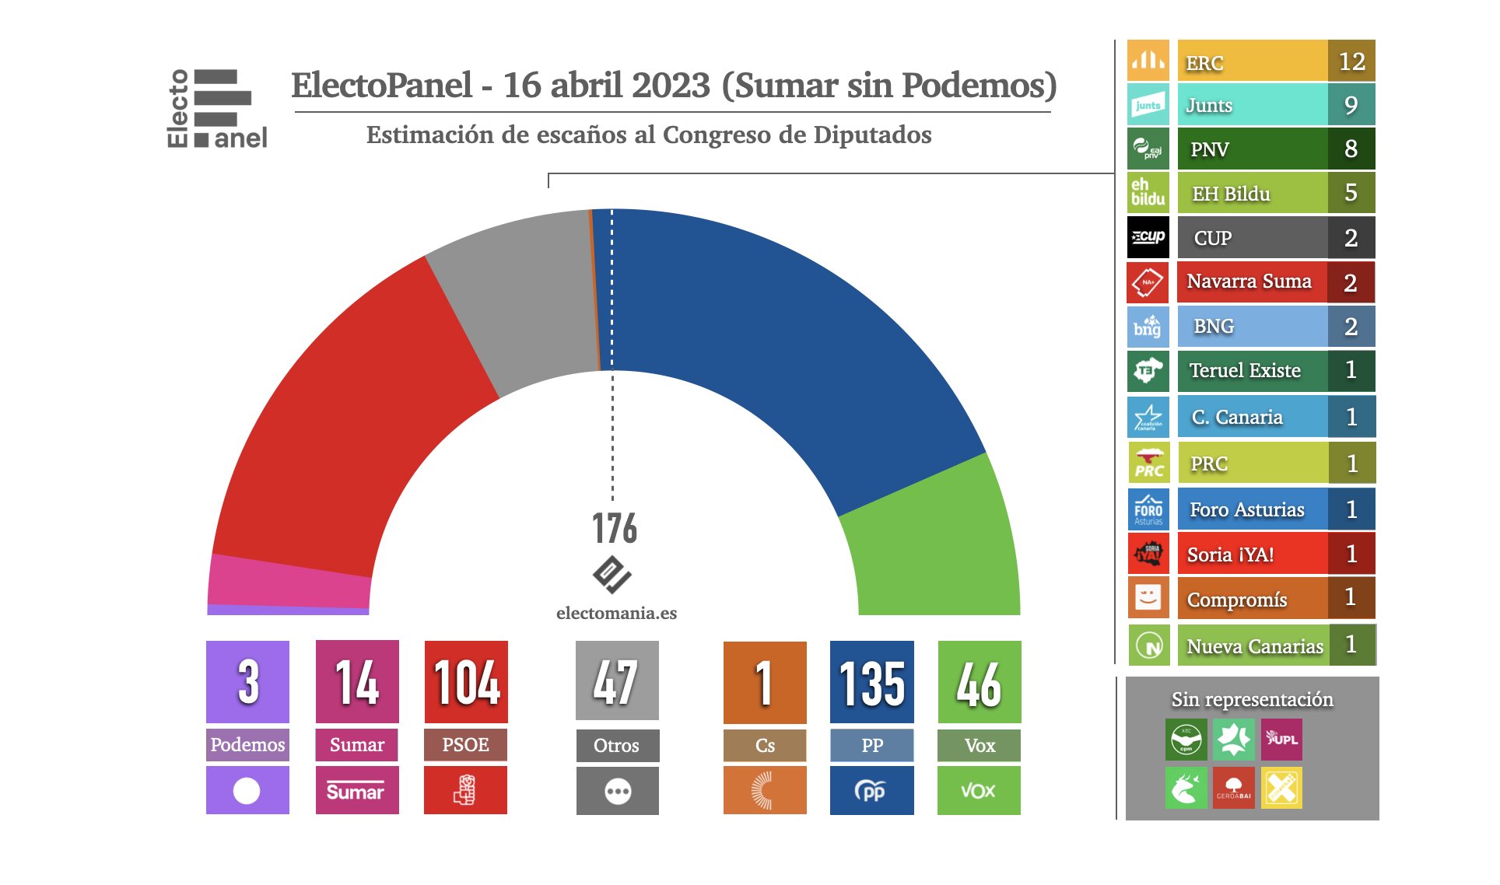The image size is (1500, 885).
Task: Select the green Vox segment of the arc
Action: (934, 544)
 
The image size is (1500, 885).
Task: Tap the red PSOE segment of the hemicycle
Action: (342, 420)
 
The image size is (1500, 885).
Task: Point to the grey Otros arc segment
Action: (521, 303)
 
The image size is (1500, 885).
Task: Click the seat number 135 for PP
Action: (871, 683)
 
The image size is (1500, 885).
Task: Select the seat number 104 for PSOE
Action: (466, 683)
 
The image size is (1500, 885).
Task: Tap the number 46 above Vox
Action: (979, 683)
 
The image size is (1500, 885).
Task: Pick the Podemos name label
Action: (247, 744)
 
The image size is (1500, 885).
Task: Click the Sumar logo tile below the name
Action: (357, 790)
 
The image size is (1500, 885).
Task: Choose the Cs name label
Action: (765, 745)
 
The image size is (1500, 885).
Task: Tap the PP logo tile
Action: (871, 790)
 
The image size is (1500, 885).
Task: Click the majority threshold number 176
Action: (615, 529)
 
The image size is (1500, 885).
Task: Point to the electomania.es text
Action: (616, 613)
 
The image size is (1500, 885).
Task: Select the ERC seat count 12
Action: (1351, 61)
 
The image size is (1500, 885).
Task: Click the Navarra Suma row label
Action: (1249, 282)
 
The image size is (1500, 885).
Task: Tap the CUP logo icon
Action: (1148, 237)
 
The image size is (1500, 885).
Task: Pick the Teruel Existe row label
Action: (1245, 370)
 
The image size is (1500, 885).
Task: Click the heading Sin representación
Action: (1252, 699)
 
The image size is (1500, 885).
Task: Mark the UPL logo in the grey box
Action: (1281, 739)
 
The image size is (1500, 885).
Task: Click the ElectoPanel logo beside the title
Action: (217, 109)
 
